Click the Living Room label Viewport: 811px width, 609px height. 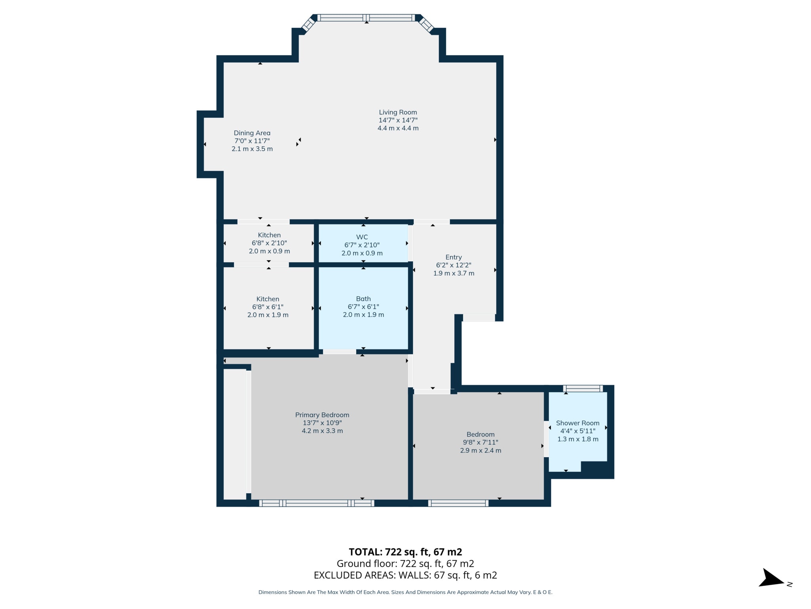398,112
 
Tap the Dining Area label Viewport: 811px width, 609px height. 252,133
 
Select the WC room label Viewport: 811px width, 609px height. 362,237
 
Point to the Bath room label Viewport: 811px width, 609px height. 363,299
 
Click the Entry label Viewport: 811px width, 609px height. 453,257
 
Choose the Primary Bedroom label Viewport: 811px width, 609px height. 322,415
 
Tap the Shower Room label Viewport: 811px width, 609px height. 578,423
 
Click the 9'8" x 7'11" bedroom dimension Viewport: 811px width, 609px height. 481,442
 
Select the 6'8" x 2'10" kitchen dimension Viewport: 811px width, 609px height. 269,243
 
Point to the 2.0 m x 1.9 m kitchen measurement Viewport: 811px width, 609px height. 268,315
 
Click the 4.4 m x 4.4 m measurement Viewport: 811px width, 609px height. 398,128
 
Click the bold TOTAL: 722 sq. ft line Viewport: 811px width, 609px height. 405,552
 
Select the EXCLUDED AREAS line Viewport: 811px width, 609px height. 405,575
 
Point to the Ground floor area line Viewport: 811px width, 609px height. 405,563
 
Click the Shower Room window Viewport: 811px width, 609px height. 583,389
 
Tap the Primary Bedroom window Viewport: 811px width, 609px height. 317,503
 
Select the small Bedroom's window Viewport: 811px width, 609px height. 458,503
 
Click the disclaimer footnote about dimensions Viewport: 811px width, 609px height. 405,592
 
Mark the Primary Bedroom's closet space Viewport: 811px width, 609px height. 235,435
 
